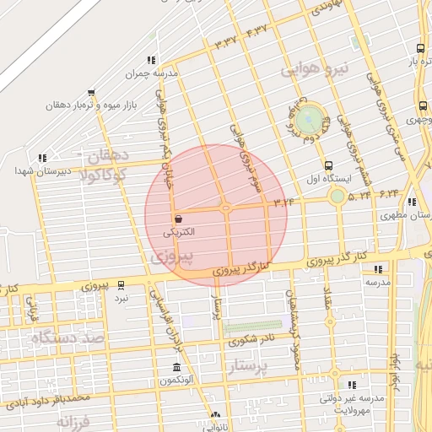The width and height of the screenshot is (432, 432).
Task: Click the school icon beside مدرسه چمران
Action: [151, 60]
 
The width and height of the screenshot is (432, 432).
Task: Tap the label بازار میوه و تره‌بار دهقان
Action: [100, 107]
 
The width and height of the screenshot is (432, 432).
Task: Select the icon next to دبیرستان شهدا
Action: [42, 157]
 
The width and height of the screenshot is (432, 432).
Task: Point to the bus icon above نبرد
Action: [121, 284]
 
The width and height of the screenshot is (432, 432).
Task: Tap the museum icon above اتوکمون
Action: [175, 368]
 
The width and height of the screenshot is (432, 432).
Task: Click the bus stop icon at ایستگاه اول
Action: [328, 165]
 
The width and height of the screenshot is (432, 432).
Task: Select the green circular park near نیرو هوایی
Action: [309, 116]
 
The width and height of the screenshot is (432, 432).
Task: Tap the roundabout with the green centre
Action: [337, 197]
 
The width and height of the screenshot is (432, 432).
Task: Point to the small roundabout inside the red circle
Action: [226, 208]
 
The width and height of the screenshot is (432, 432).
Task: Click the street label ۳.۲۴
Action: [284, 201]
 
